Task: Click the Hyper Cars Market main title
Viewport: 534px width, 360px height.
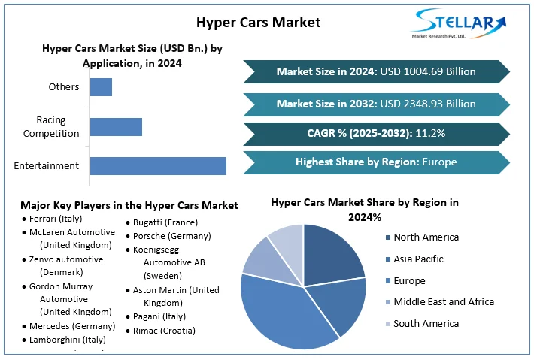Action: [x=258, y=22]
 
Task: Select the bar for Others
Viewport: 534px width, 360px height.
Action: [x=101, y=87]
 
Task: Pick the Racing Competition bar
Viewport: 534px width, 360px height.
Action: [x=116, y=126]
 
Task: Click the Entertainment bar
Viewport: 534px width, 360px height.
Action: [x=158, y=166]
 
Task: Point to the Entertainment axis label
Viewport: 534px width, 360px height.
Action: [x=46, y=166]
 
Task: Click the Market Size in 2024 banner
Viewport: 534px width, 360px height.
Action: [x=376, y=72]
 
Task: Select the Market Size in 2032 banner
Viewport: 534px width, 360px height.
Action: [x=376, y=104]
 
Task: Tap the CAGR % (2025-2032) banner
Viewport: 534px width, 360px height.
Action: [x=376, y=134]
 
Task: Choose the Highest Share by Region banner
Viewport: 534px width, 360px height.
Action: [x=376, y=162]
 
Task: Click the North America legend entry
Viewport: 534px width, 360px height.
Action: [x=425, y=237]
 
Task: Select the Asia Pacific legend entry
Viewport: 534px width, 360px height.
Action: [x=417, y=259]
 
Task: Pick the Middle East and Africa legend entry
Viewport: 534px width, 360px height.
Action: [x=442, y=302]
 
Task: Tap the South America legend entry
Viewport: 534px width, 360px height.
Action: [x=425, y=324]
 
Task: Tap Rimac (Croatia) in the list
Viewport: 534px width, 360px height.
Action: [x=164, y=331]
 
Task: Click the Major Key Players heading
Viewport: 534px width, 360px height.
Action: [x=129, y=205]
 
